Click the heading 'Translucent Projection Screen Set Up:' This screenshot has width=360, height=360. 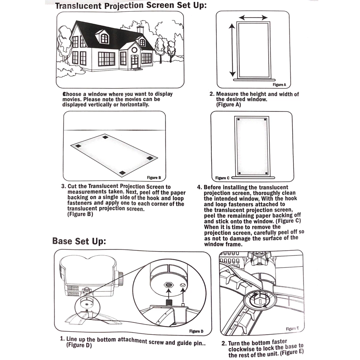[x=131, y=6]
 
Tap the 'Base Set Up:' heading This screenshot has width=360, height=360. [x=79, y=241]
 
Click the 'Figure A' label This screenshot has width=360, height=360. [x=279, y=85]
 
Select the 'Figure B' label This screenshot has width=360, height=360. [x=154, y=178]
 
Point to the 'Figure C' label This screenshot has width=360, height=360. [x=222, y=178]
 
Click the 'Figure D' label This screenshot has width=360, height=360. [x=196, y=331]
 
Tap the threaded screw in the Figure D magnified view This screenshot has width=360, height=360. [x=168, y=301]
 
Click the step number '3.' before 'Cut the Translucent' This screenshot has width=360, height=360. [x=64, y=186]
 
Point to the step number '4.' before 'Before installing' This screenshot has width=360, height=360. [x=199, y=187]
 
